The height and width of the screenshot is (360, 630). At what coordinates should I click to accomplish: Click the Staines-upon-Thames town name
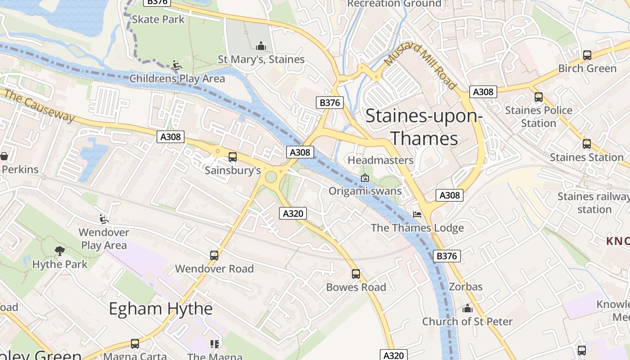(x=423, y=127)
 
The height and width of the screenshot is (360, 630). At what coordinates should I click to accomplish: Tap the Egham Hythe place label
(x=161, y=309)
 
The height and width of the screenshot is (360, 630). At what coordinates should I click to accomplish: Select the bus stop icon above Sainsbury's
(x=232, y=157)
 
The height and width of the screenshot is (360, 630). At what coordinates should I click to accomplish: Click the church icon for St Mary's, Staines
(x=261, y=46)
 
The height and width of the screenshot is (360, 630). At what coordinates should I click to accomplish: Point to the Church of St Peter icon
(x=468, y=309)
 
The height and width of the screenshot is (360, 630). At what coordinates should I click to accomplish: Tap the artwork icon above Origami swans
(x=365, y=178)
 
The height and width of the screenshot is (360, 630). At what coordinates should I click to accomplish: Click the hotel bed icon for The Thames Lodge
(x=417, y=215)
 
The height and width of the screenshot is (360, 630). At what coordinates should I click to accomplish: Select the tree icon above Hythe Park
(x=59, y=251)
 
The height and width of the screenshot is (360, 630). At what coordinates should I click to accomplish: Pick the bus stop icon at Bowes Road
(x=356, y=274)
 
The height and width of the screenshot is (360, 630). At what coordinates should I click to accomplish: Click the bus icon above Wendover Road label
(x=214, y=255)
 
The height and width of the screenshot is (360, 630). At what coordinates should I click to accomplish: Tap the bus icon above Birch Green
(x=587, y=55)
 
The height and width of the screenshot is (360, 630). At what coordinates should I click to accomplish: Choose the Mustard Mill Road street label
(x=421, y=66)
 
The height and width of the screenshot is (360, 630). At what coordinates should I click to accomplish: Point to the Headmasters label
(x=380, y=160)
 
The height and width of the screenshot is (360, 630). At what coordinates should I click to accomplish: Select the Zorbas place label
(x=465, y=287)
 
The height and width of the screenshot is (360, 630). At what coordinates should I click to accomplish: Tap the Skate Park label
(x=158, y=19)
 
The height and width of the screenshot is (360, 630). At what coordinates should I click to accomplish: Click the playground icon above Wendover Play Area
(x=104, y=219)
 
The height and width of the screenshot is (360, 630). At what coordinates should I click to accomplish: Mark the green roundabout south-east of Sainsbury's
(x=271, y=177)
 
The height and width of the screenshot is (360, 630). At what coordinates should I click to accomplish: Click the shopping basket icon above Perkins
(x=4, y=156)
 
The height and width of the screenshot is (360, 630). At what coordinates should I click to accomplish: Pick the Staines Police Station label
(x=538, y=117)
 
